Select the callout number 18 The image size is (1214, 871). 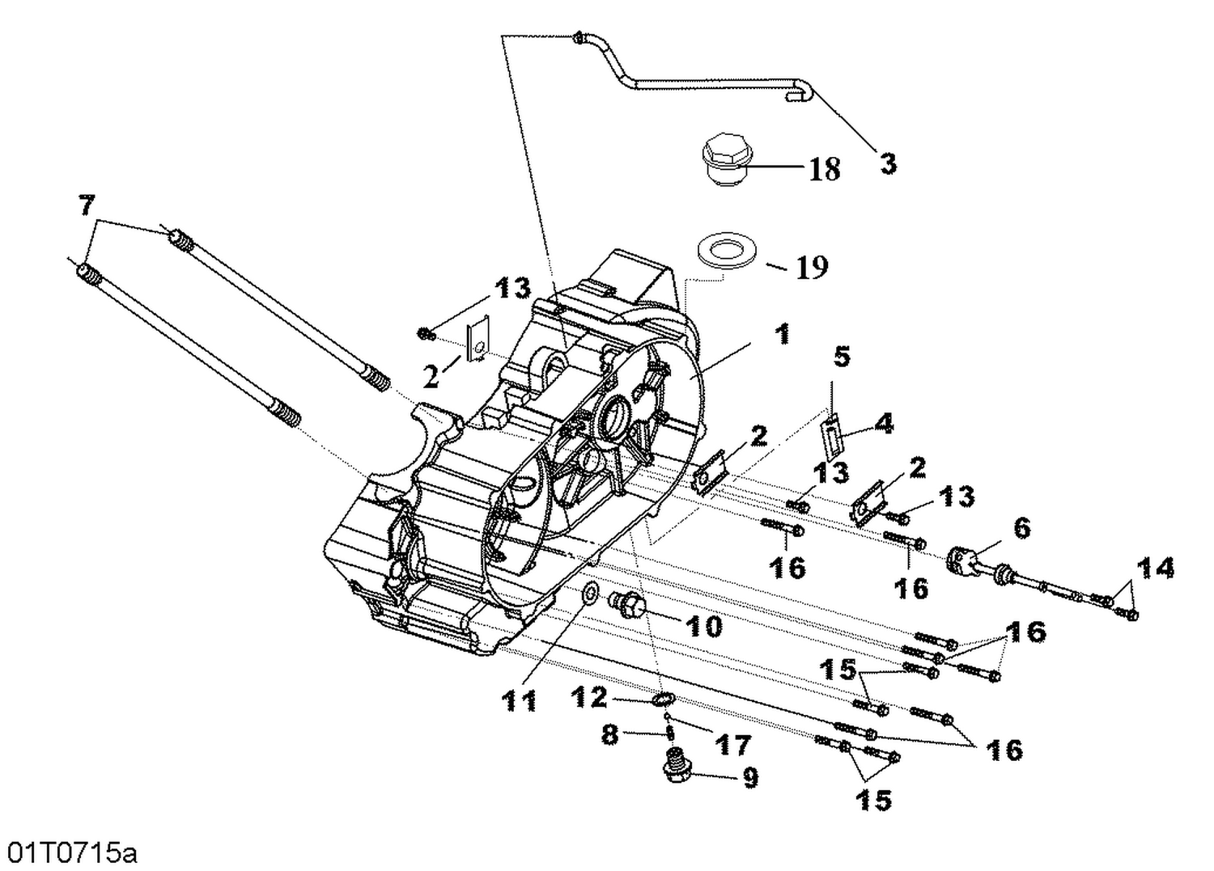(825, 169)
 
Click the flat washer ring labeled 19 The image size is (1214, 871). (728, 249)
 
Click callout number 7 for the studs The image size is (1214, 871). (87, 205)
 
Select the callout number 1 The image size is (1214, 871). (782, 333)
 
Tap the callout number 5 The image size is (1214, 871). (843, 355)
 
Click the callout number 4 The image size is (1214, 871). (884, 423)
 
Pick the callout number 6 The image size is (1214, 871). (1021, 528)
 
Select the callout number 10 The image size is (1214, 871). (703, 625)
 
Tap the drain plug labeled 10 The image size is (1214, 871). (628, 603)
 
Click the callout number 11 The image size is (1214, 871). (519, 700)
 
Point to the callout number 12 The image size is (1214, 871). (589, 696)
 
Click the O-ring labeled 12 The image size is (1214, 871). (663, 699)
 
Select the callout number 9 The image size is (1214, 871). (749, 778)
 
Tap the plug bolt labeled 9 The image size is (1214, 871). (672, 766)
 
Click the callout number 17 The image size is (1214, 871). (732, 744)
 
